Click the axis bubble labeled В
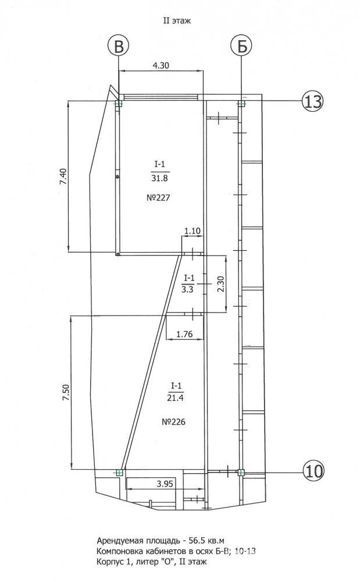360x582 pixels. point(118,47)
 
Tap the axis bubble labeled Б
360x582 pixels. point(241,47)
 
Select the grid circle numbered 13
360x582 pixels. point(312,101)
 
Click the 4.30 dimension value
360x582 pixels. point(161,65)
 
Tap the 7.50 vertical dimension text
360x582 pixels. point(66,392)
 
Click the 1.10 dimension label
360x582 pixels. point(193,231)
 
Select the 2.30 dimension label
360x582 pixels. point(220,284)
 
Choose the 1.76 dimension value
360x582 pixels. point(184,334)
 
